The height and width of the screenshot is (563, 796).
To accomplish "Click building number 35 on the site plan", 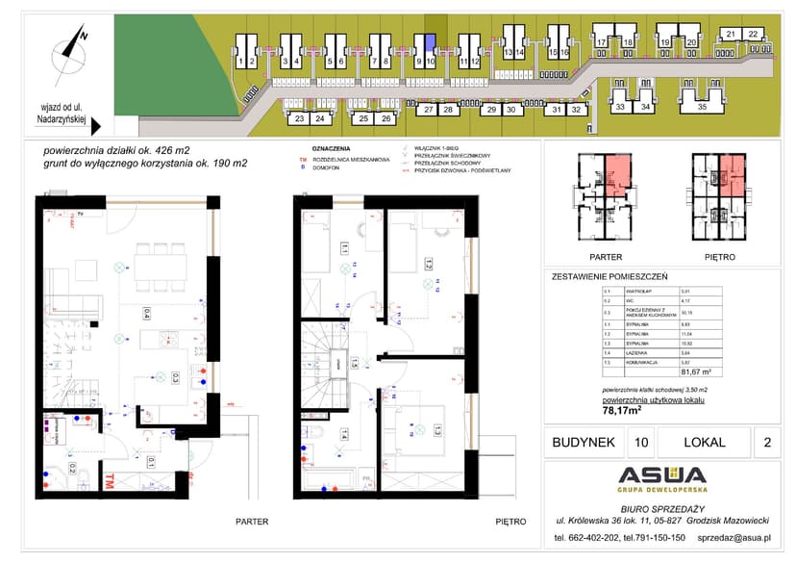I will click(702, 108).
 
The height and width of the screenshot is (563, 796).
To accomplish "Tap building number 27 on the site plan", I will click(428, 111).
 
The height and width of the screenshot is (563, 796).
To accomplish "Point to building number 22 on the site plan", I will click(753, 34).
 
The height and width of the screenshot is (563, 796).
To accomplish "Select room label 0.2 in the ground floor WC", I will click(72, 470).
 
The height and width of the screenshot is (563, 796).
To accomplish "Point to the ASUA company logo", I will click(661, 474).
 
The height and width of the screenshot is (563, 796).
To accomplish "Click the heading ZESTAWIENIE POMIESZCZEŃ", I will click(610, 276).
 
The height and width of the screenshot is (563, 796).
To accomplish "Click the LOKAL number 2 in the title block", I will click(765, 443).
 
